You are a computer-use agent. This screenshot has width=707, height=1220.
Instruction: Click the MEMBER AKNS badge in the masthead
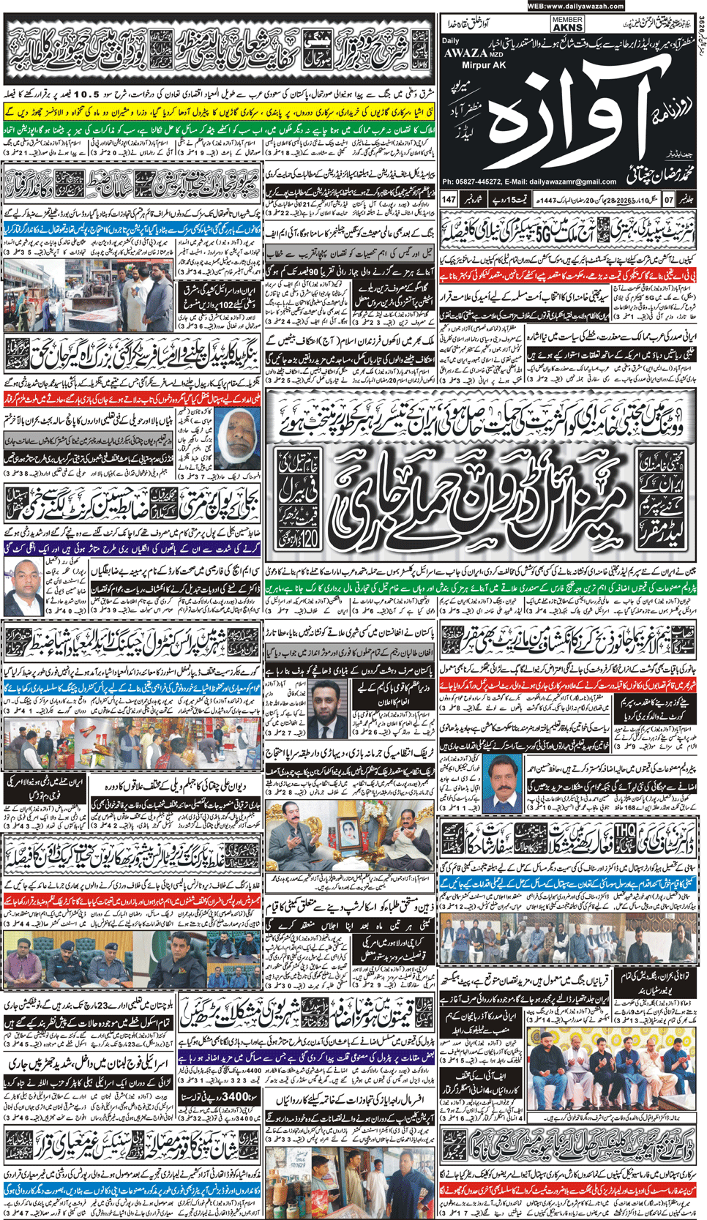coord(567,24)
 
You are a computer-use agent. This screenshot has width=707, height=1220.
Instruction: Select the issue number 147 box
coord(449,199)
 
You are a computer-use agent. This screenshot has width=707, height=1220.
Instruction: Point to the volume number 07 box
coord(668,199)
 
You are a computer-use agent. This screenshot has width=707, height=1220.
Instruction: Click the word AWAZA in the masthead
coord(464,53)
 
